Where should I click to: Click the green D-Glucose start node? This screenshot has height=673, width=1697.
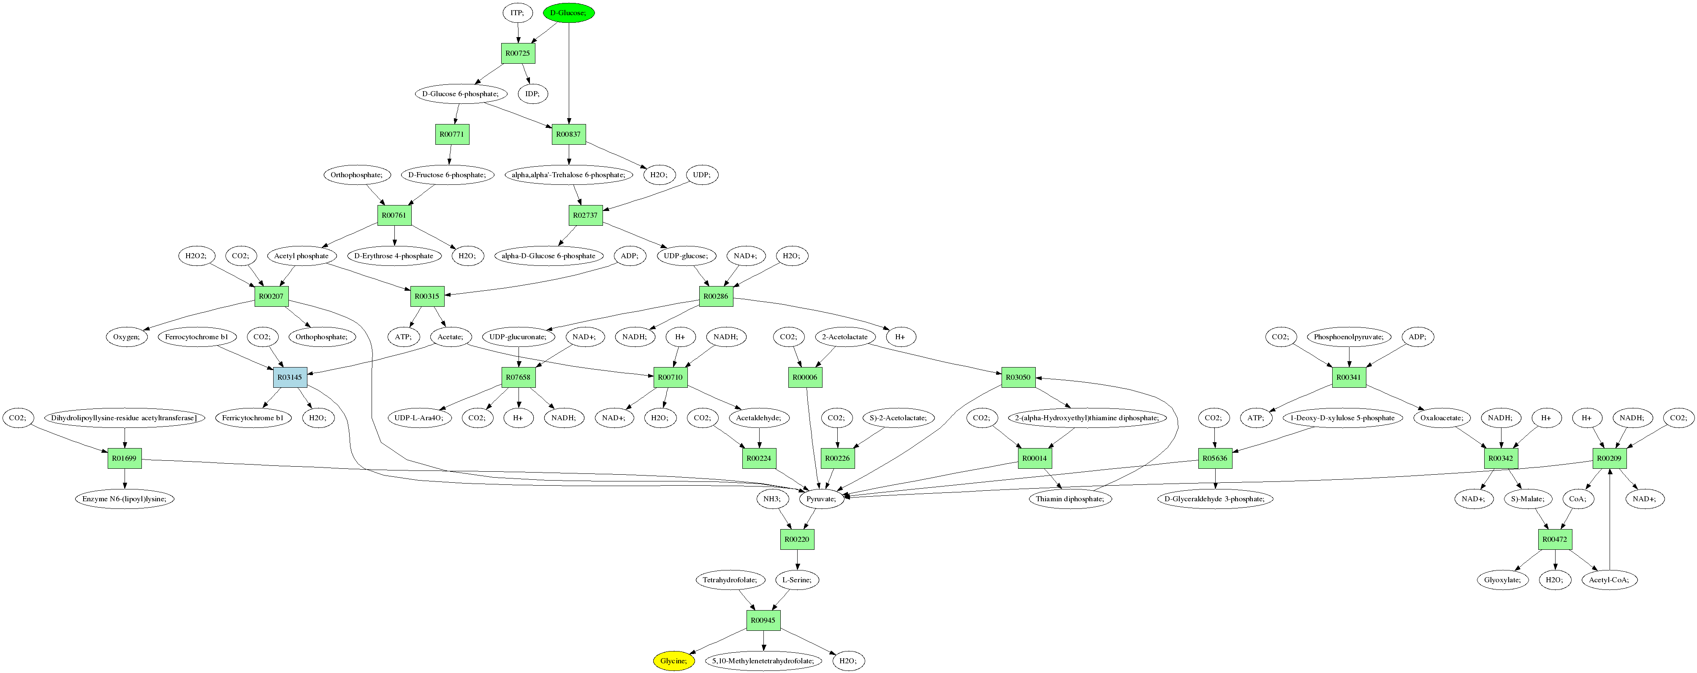(568, 13)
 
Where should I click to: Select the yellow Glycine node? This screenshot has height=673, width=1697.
(673, 660)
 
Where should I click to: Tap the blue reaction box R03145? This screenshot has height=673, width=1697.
(290, 377)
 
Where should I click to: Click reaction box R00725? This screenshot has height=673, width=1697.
(518, 53)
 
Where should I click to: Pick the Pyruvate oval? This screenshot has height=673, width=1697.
(821, 498)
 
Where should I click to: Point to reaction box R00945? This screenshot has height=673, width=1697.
(763, 620)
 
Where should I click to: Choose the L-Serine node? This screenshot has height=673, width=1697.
(796, 579)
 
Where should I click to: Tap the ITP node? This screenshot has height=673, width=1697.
(517, 13)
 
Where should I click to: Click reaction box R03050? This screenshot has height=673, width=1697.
(1018, 377)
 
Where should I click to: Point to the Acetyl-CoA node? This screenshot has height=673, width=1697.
(1609, 579)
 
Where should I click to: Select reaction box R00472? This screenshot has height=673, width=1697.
(1555, 539)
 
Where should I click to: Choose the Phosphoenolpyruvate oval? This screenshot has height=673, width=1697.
(1349, 337)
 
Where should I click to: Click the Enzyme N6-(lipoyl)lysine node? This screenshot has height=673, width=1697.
(125, 498)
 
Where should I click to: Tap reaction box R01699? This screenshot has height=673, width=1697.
(125, 458)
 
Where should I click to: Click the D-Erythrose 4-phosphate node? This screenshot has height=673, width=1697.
(394, 256)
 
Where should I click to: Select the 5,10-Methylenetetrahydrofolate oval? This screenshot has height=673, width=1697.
(763, 660)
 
